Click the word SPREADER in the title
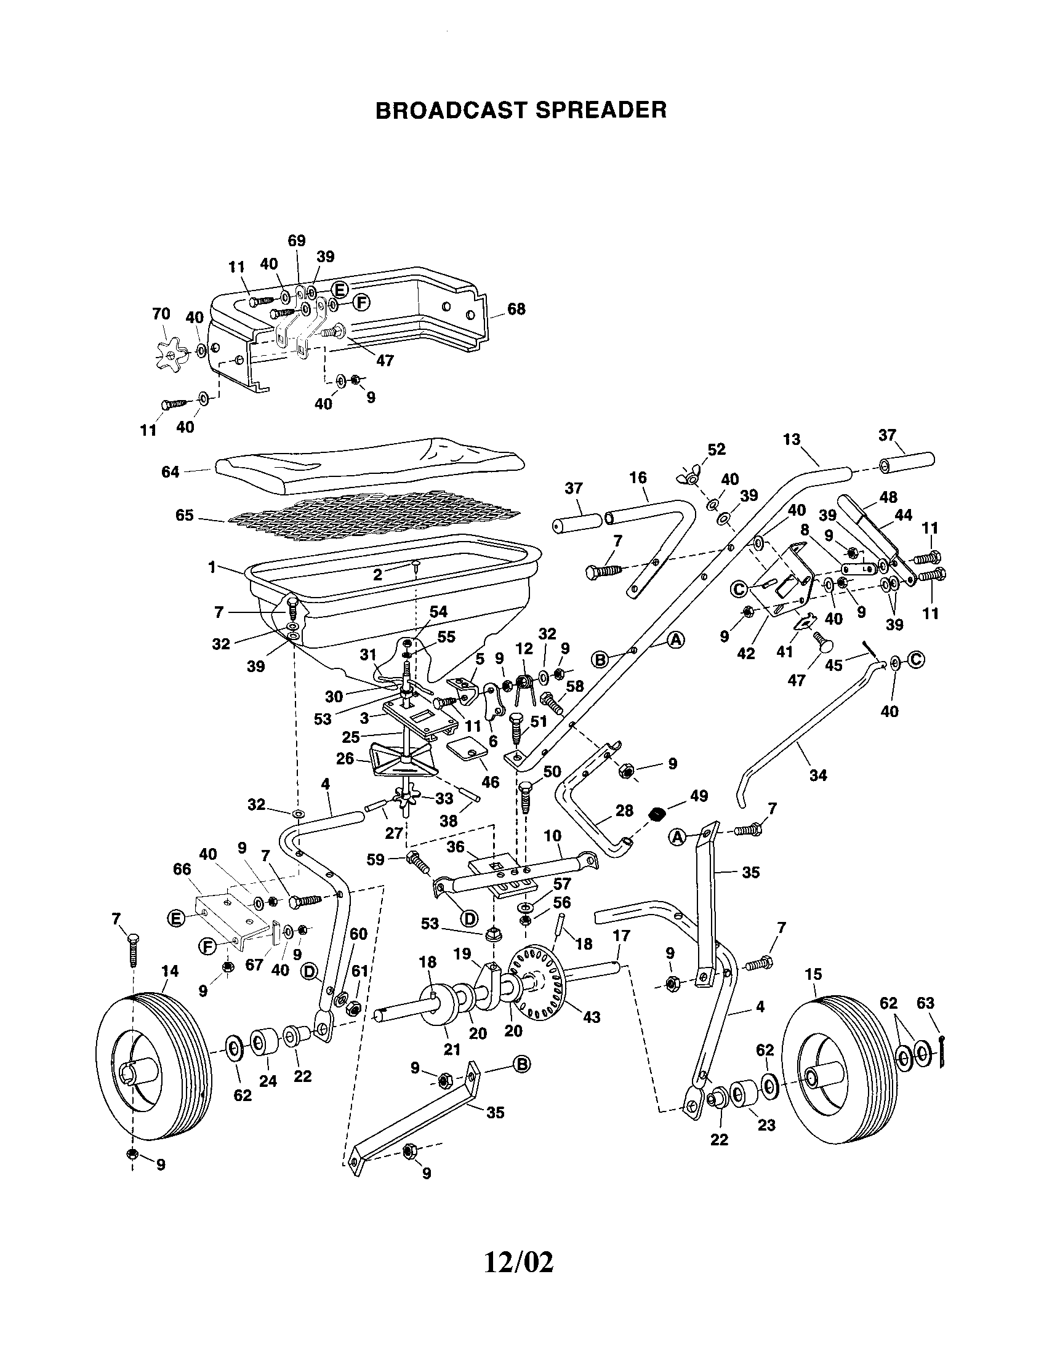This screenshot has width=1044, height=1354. pos(601,110)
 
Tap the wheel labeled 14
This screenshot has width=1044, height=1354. pos(152,1065)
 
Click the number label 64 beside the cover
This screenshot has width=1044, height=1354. pos(170,472)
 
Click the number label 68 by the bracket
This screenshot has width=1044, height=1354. pos(516,309)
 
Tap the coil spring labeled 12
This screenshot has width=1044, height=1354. pos(526,685)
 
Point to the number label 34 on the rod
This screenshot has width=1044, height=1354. pos(818,775)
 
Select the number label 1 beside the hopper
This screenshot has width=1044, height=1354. pos(212,567)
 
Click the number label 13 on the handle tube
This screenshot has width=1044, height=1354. pos(792,439)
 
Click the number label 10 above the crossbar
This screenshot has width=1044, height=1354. pos(552,836)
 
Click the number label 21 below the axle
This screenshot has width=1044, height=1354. pos(452,1049)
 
